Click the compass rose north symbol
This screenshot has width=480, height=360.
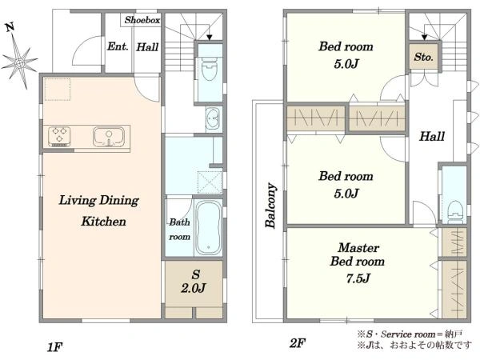tap(19, 58)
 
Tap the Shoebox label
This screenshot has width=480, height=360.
tap(142, 20)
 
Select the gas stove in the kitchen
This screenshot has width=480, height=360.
tap(59, 136)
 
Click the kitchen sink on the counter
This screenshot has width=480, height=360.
tap(109, 136)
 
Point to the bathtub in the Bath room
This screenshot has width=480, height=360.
tap(209, 228)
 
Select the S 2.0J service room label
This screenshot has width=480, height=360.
tap(194, 282)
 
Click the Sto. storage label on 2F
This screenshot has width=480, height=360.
tap(424, 57)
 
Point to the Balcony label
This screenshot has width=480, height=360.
tap(271, 206)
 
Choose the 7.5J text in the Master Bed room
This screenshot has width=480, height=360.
tap(358, 278)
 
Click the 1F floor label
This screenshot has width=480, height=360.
tap(55, 347)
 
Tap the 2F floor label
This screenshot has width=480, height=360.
tap(298, 343)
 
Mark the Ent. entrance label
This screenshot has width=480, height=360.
tap(118, 46)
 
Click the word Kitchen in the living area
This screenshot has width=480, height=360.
tap(103, 222)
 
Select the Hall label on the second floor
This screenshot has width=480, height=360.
tap(432, 136)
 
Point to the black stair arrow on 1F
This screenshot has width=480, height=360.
tap(210, 38)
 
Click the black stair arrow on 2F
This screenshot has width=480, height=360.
tap(424, 38)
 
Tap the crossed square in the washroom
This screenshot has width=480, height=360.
tap(210, 182)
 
